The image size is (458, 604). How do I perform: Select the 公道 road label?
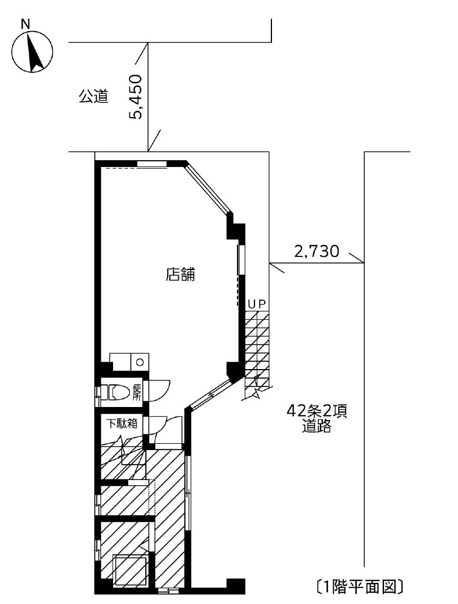click(x=93, y=97)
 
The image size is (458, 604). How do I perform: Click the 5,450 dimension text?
click(x=138, y=96)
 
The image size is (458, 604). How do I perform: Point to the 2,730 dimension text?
click(x=316, y=251)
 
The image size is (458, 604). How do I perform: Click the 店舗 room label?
click(x=180, y=275)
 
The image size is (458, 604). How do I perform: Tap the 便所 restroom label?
click(x=137, y=392)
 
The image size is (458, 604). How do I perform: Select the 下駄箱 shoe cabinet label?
click(x=122, y=423)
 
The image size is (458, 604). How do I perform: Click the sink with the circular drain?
click(x=140, y=361)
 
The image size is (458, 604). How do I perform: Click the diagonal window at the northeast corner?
click(x=208, y=188)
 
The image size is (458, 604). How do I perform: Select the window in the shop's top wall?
click(x=152, y=165)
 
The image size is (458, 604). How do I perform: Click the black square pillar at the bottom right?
click(x=235, y=586)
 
